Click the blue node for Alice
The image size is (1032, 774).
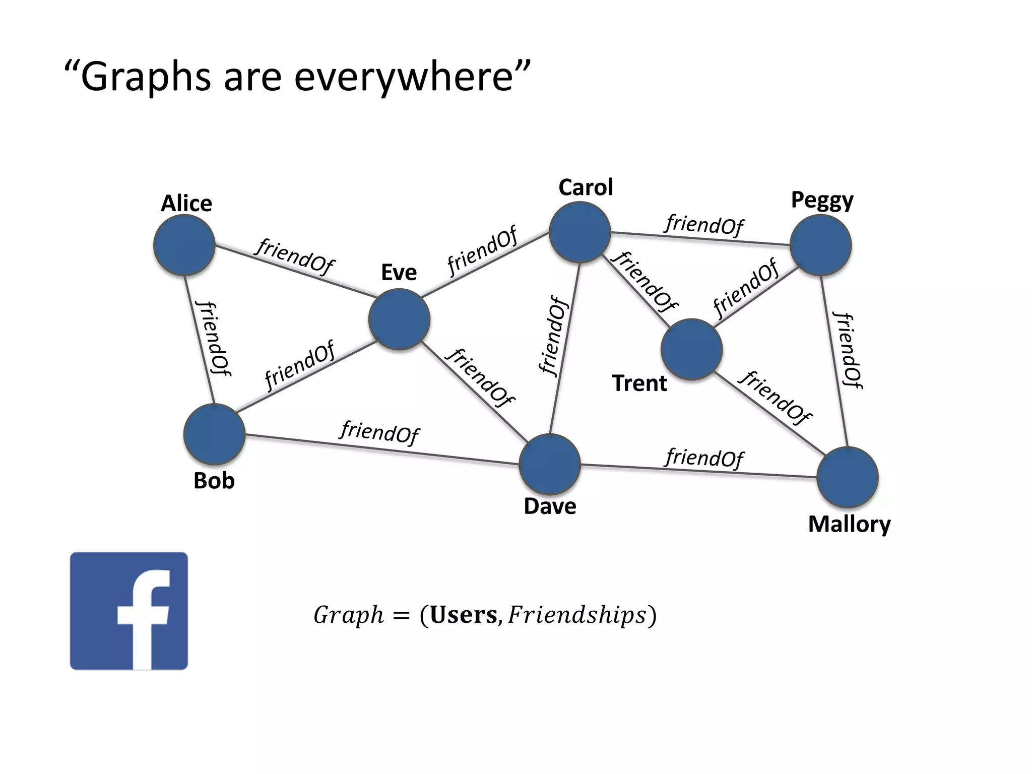(x=184, y=245)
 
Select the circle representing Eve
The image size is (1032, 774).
(x=399, y=319)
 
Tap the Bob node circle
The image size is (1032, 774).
(x=215, y=434)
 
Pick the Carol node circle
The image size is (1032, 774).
(x=580, y=232)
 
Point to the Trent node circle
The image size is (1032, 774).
(x=691, y=349)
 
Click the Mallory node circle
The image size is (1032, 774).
(x=848, y=477)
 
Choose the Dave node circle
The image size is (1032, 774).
(x=550, y=464)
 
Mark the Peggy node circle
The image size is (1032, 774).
(x=821, y=245)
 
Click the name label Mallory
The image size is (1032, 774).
(x=849, y=525)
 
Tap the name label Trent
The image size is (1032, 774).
(x=639, y=383)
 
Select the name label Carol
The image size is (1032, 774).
(x=586, y=187)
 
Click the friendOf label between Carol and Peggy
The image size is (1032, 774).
(x=704, y=225)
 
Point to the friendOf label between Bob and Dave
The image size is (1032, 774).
(x=379, y=432)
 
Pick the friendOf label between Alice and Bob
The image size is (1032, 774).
(x=214, y=339)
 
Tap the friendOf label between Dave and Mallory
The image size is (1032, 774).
(x=704, y=458)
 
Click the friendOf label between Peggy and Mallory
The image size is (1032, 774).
(x=849, y=351)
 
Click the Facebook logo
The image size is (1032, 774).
(x=129, y=611)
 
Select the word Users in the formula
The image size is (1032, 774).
(x=464, y=615)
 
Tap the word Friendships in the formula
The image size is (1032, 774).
(x=577, y=615)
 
